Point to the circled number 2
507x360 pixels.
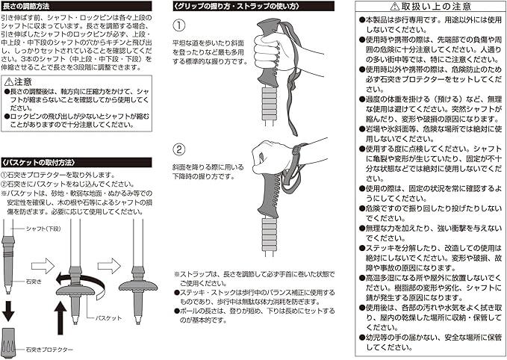pos(179,149)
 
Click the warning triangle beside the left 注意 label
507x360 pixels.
pos(8,81)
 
